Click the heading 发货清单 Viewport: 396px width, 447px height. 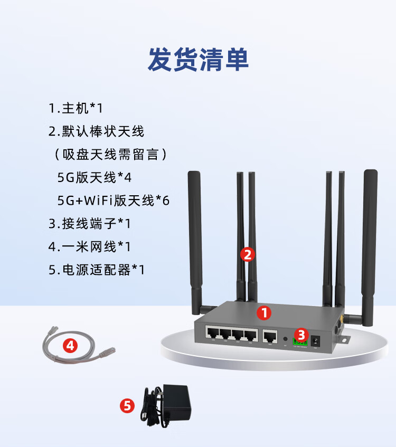pos(198,60)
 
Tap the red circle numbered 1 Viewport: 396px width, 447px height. pos(264,312)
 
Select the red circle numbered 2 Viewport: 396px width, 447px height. pos(248,254)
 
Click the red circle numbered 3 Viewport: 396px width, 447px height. pos(301,334)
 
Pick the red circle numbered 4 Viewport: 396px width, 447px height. pos(70,346)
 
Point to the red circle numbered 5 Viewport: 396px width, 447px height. pos(127,405)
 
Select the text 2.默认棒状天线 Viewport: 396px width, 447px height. pos(96,131)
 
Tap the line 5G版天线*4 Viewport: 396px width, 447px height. pos(94,177)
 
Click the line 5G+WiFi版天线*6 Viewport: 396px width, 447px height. pos(113,201)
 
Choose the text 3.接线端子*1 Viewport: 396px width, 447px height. pos(89,223)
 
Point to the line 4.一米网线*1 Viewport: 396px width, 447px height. pos(89,246)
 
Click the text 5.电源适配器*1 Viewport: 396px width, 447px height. pos(96,270)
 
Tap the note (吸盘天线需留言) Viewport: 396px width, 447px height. pos(111,154)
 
